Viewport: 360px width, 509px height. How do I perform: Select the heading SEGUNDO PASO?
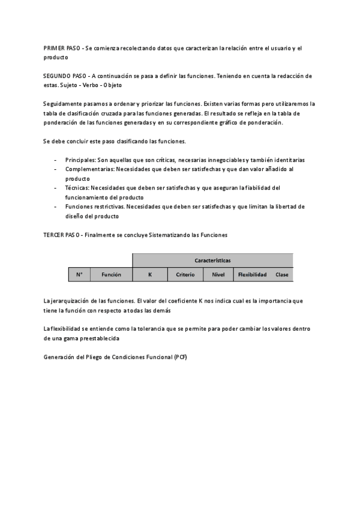click(64, 76)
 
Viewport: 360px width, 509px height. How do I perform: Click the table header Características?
click(212, 260)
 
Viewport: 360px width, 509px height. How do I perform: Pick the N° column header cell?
click(79, 274)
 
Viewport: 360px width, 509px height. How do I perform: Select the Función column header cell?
click(111, 274)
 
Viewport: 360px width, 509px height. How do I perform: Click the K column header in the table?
click(150, 274)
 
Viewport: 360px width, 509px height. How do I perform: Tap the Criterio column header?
click(185, 274)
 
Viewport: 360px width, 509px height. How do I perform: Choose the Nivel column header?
click(218, 274)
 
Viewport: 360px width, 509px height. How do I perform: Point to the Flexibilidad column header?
click(252, 274)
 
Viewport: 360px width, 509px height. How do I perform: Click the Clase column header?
click(282, 274)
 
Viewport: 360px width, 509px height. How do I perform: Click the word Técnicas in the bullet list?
click(76, 188)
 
